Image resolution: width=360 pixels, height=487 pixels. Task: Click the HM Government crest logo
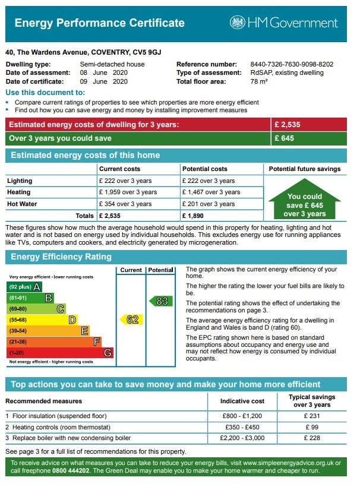click(238, 23)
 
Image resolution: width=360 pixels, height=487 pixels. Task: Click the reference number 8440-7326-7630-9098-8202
click(292, 64)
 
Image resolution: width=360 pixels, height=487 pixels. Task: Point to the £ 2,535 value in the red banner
click(288, 125)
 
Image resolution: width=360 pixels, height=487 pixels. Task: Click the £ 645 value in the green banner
click(284, 138)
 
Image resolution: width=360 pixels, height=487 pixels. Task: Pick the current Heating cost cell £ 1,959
click(128, 192)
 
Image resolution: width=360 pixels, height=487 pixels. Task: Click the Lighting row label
click(20, 181)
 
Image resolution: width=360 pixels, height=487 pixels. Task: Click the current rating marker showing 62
click(131, 320)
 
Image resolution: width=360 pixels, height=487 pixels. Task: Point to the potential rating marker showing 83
click(161, 301)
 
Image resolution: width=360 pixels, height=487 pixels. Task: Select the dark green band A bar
click(24, 287)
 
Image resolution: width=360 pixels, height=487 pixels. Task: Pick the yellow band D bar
click(42, 320)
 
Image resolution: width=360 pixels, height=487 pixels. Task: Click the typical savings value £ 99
click(312, 427)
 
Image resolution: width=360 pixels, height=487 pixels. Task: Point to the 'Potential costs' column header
click(204, 169)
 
